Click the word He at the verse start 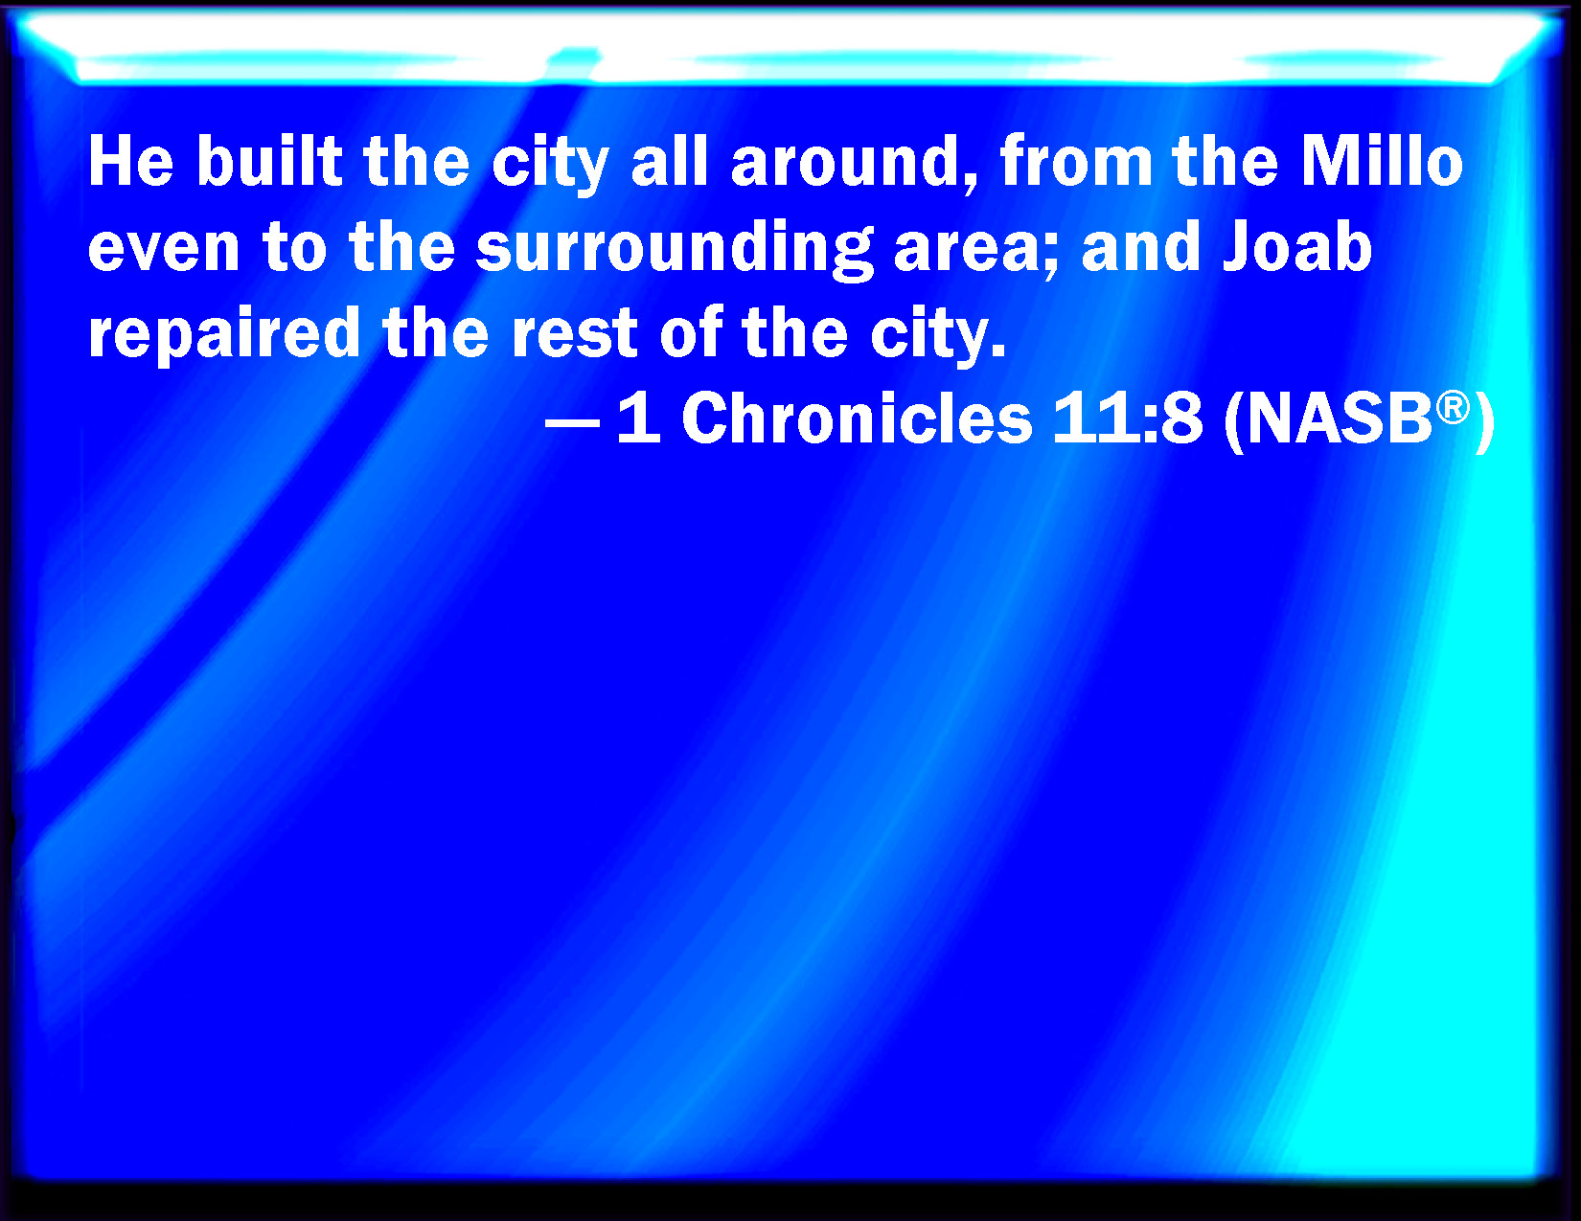tap(131, 162)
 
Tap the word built tap(270, 161)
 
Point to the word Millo tap(1382, 161)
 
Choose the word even tap(164, 248)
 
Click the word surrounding tap(675, 249)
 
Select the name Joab tap(1298, 246)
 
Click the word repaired tap(224, 334)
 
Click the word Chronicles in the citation tap(857, 418)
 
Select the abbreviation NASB tap(1339, 419)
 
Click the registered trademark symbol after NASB tap(1453, 407)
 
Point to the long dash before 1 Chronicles tap(572, 422)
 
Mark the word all tap(670, 161)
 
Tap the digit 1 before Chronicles tap(639, 418)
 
